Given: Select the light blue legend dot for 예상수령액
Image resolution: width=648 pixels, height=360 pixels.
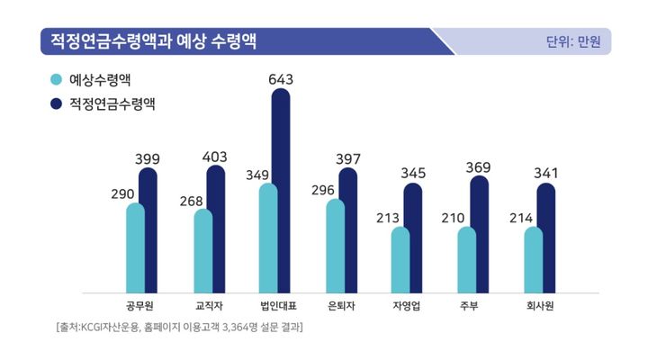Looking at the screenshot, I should (x=57, y=80).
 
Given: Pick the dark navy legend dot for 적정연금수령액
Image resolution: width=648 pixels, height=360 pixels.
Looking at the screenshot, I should (x=57, y=104).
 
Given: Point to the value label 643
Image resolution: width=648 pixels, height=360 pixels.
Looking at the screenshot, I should (x=281, y=80).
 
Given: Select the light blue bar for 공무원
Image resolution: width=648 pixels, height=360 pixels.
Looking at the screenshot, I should (x=136, y=247).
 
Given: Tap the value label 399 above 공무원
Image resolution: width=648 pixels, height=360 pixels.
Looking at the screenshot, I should (x=147, y=159).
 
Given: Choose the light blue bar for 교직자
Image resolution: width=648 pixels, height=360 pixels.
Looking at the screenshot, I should (x=203, y=251).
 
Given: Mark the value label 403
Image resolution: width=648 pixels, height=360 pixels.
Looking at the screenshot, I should (x=214, y=157).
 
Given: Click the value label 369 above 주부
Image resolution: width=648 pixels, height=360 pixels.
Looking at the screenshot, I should (x=479, y=166).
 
